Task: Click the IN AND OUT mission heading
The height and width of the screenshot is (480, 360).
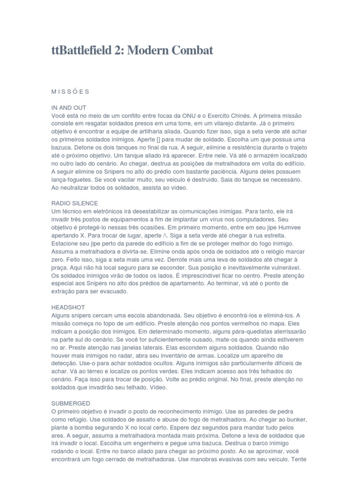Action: point(69,107)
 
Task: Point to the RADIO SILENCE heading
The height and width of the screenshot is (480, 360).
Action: point(75,203)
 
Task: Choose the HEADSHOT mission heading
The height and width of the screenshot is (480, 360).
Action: point(68,307)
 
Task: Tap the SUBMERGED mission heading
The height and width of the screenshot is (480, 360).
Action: point(71,403)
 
